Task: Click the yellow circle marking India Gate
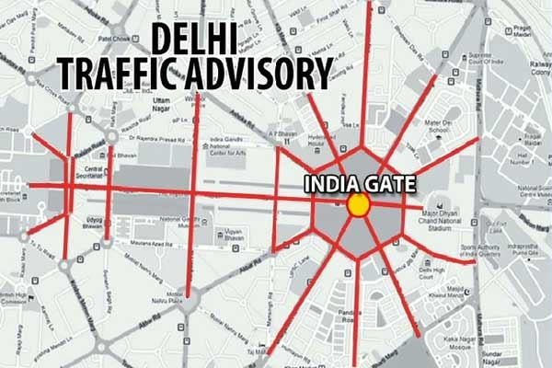[356, 205]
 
